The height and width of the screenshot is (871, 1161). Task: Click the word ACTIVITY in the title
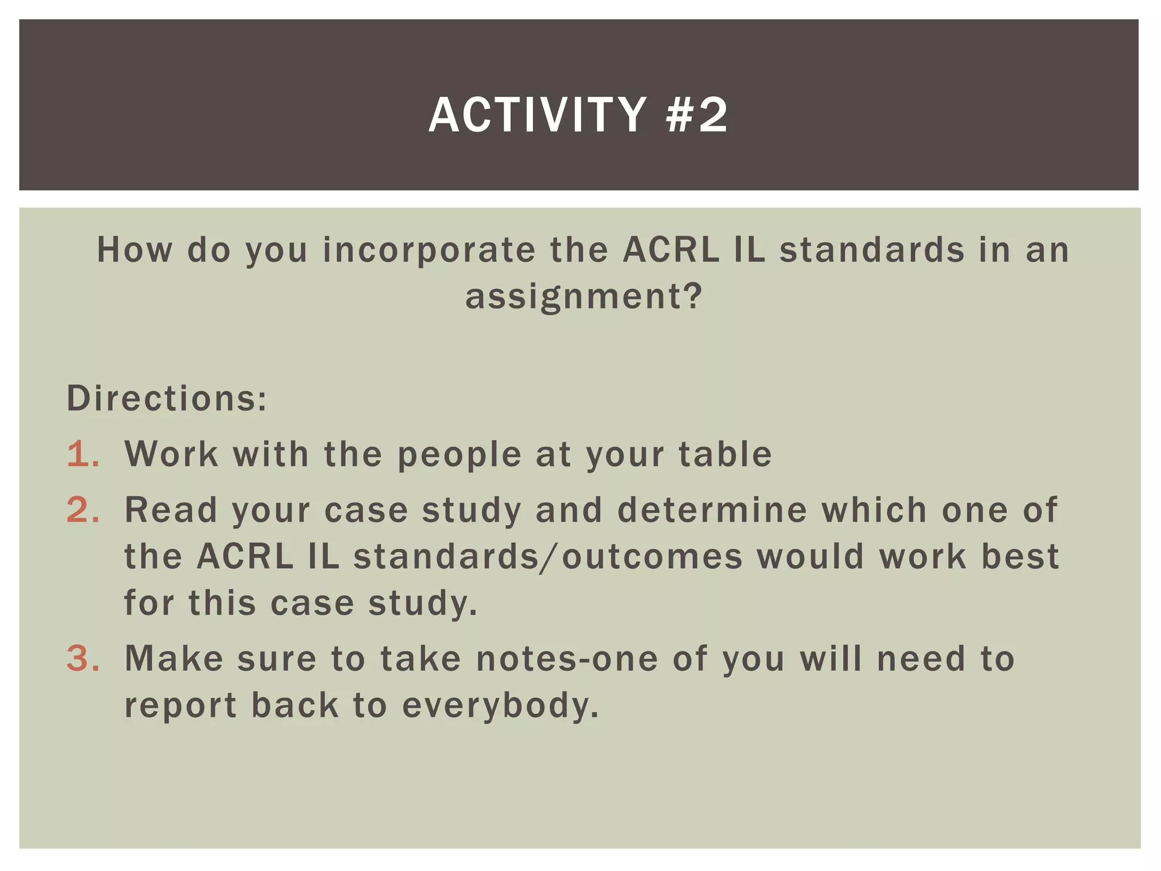click(x=537, y=115)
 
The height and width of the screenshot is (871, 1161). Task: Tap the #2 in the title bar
click(x=697, y=115)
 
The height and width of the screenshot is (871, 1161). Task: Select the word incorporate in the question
click(x=429, y=250)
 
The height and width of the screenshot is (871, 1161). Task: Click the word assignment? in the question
click(x=584, y=297)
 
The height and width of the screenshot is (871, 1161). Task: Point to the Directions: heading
click(x=167, y=399)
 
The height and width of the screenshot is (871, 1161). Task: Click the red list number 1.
click(x=83, y=455)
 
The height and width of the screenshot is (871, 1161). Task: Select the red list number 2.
click(x=83, y=510)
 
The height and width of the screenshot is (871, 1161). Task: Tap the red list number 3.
click(x=83, y=659)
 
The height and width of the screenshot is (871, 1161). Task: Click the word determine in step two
click(x=712, y=510)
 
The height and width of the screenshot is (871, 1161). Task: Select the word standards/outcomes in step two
click(x=548, y=557)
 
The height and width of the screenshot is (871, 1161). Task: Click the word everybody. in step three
click(x=501, y=707)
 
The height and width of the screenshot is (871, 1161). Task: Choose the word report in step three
click(x=180, y=707)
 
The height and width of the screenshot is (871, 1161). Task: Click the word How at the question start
click(x=134, y=250)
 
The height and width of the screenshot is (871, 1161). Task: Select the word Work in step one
click(x=171, y=455)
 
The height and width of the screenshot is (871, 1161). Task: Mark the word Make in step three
click(x=173, y=659)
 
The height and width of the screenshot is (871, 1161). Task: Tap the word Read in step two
click(x=171, y=510)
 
